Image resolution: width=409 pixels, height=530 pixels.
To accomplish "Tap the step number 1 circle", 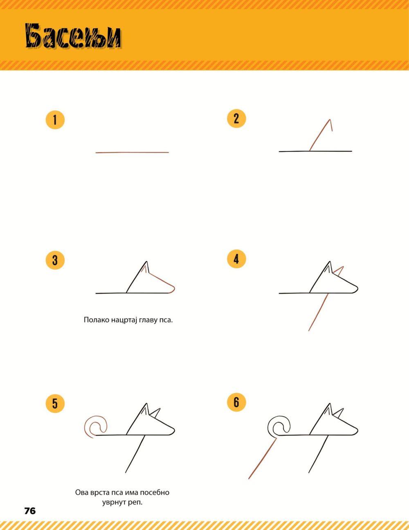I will click(55, 120).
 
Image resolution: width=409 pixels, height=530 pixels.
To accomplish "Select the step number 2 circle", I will click(236, 119).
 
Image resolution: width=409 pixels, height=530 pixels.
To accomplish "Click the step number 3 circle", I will click(55, 260).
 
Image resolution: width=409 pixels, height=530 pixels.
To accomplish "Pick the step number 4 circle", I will click(236, 259).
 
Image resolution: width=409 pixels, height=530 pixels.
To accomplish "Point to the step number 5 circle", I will click(55, 403).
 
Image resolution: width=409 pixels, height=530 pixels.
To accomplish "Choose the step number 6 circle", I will click(236, 402).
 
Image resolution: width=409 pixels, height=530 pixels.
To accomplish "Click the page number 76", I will click(30, 511).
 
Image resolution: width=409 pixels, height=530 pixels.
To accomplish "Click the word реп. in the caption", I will click(136, 502).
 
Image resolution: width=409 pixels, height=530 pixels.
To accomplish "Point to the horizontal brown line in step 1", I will click(132, 152).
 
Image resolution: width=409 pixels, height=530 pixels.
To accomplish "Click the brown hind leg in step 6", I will click(262, 459).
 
